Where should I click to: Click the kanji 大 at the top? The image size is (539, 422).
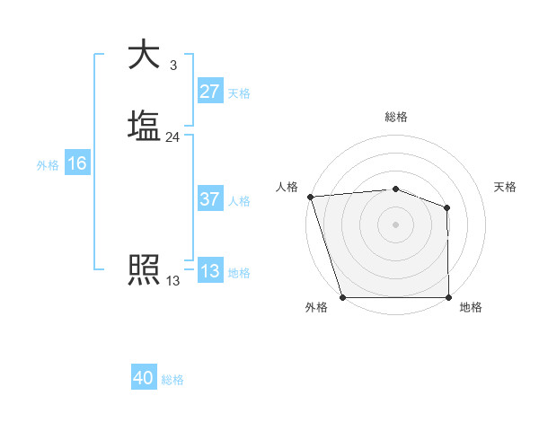click(x=144, y=54)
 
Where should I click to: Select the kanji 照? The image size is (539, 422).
click(x=144, y=269)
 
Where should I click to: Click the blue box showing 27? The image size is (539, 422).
click(x=209, y=92)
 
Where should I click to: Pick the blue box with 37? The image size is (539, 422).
click(x=209, y=199)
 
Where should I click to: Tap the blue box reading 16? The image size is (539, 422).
click(x=76, y=163)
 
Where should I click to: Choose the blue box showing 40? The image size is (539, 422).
click(x=144, y=378)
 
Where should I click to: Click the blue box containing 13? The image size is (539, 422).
click(x=209, y=271)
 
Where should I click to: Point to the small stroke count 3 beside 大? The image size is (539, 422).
click(x=172, y=66)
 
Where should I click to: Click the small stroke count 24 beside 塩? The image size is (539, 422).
click(x=172, y=137)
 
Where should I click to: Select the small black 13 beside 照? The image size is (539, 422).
click(x=172, y=281)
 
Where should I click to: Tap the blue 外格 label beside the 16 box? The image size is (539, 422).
click(x=48, y=165)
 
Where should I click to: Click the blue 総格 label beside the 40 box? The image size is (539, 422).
click(x=172, y=380)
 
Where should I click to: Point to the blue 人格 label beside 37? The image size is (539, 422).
click(x=239, y=201)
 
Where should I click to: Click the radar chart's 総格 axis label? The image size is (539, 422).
click(x=395, y=117)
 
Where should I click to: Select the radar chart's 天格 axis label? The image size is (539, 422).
click(x=506, y=187)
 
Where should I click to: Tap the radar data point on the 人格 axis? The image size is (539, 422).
click(x=310, y=197)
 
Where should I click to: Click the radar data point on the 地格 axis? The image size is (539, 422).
click(x=448, y=296)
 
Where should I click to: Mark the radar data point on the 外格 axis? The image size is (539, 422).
click(x=342, y=296)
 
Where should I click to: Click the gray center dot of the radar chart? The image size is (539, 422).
click(x=395, y=224)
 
